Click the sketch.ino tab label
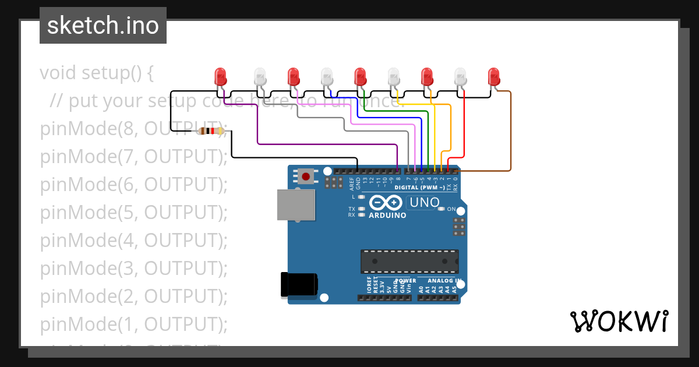(103, 26)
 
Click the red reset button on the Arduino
(305, 175)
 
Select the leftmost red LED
(220, 76)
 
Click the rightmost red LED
(494, 76)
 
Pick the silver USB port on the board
(296, 204)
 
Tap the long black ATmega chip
(409, 262)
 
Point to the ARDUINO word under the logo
(387, 215)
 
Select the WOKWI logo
(619, 321)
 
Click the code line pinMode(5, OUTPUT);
(133, 213)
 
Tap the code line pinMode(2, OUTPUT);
(133, 297)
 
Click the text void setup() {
(97, 73)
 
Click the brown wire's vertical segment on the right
(511, 131)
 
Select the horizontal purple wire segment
(326, 144)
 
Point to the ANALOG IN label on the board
(444, 280)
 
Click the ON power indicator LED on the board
(441, 209)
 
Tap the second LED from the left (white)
(260, 76)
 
